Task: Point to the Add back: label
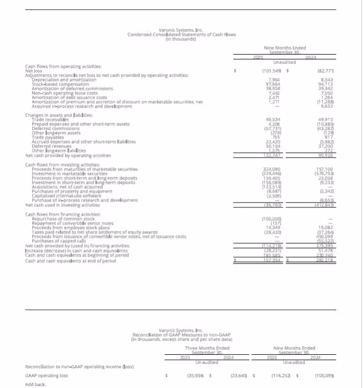36,384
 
